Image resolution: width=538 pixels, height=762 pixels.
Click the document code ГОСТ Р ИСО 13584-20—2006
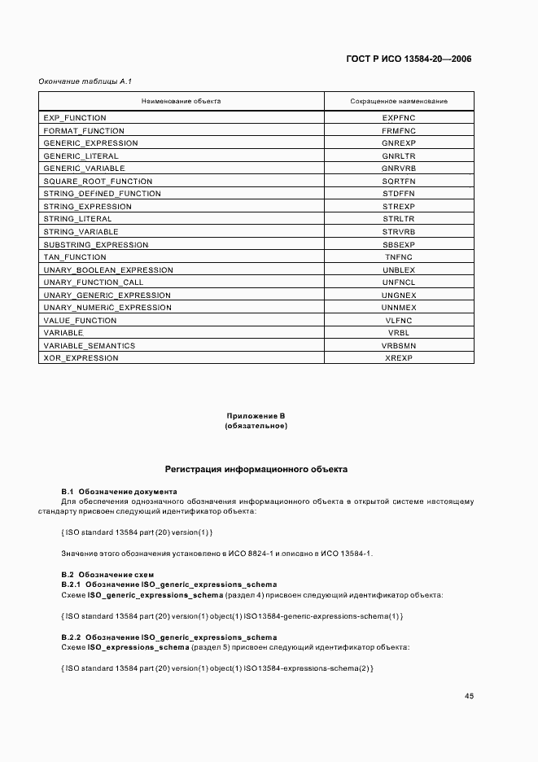tap(409, 59)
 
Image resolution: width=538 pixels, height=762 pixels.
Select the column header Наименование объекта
tap(181, 101)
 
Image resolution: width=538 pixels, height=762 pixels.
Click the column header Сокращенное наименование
tap(399, 101)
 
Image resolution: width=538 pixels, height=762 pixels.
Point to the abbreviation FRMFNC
tap(399, 130)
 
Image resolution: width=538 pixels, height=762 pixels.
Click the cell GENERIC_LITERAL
tap(81, 155)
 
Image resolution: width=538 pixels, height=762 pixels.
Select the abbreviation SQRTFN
tap(399, 181)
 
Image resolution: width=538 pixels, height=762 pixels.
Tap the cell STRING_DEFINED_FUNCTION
tap(102, 194)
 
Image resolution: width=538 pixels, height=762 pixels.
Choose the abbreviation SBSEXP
tap(399, 244)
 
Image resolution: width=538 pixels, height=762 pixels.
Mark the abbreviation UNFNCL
tap(399, 282)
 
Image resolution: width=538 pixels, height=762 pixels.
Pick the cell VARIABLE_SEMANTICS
tap(89, 346)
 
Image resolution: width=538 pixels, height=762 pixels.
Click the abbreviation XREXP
tap(399, 358)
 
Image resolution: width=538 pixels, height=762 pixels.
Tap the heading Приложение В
tap(256, 416)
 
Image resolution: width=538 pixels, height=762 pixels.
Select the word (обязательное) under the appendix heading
tap(256, 426)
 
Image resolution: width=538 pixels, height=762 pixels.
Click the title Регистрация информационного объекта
tap(256, 470)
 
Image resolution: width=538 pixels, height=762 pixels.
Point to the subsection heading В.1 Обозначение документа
tap(119, 492)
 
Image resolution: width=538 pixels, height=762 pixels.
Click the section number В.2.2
tap(72, 637)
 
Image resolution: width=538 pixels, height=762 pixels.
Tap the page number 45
tap(469, 696)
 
